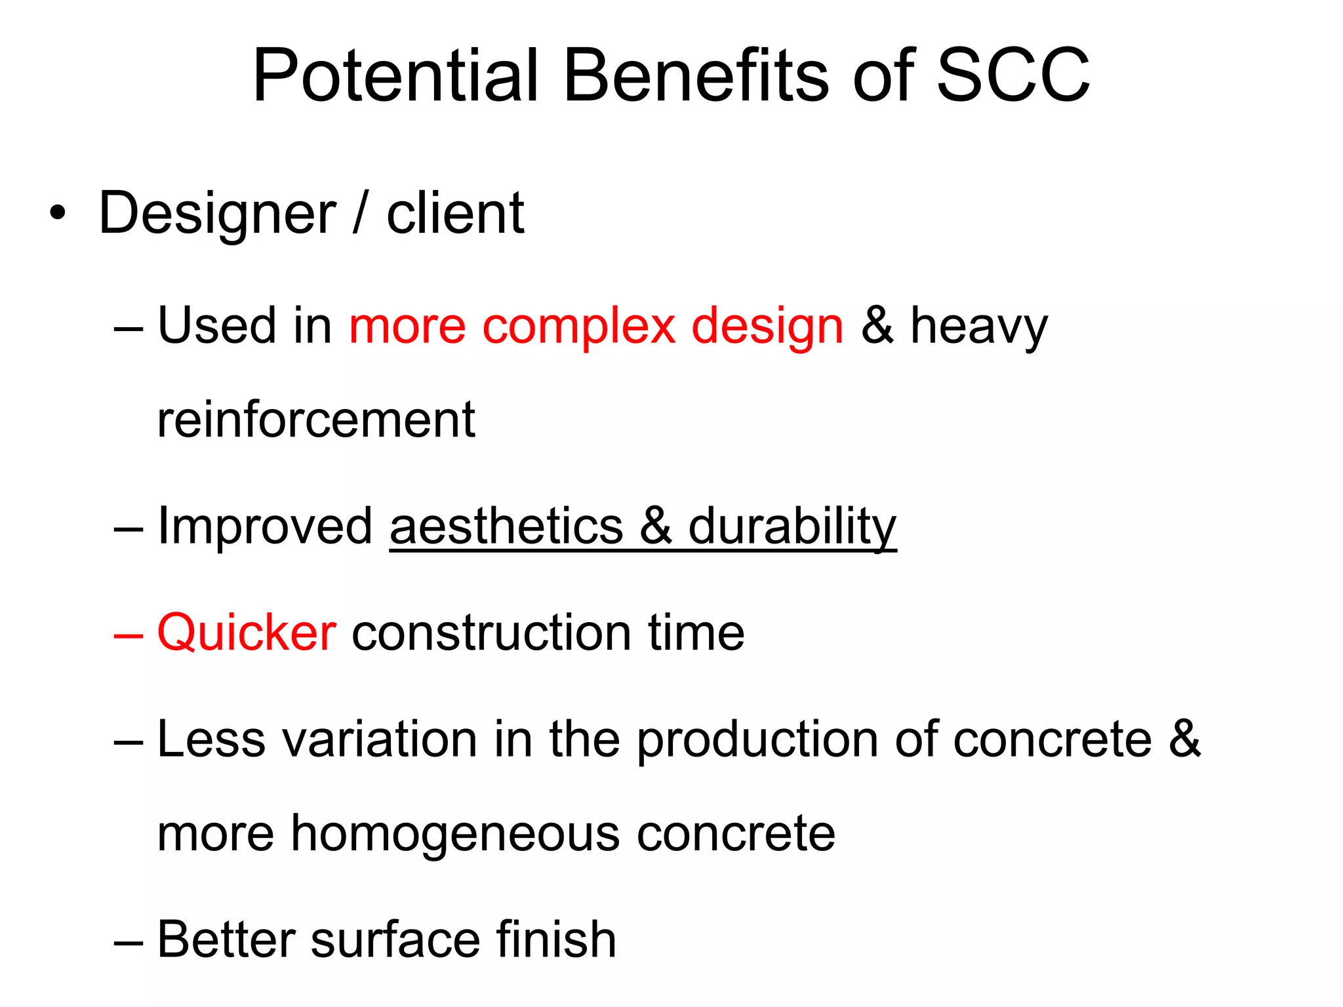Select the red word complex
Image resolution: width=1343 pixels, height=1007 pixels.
pyautogui.click(x=578, y=326)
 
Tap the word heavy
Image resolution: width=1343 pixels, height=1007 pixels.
pyautogui.click(x=979, y=326)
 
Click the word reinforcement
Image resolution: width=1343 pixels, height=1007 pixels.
pyautogui.click(x=316, y=420)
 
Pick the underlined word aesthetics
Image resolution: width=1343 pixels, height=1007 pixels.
pyautogui.click(x=506, y=526)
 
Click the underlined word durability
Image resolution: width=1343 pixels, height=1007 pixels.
pyautogui.click(x=792, y=526)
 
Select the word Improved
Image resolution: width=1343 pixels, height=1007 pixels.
pyautogui.click(x=265, y=526)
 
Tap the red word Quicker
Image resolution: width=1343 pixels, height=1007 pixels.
pyautogui.click(x=247, y=633)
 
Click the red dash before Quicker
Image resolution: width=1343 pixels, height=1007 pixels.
pyautogui.click(x=128, y=635)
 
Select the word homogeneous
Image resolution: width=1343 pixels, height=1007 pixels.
pyautogui.click(x=455, y=834)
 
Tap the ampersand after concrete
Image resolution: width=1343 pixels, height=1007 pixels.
pyautogui.click(x=1184, y=740)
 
